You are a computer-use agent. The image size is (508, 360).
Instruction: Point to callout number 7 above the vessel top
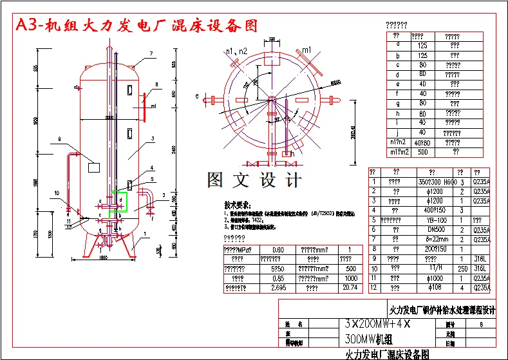[151, 53]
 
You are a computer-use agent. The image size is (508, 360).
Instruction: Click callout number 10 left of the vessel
[57, 193]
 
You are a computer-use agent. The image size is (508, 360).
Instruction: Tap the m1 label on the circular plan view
[307, 50]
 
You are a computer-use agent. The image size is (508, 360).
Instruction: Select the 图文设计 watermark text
[254, 179]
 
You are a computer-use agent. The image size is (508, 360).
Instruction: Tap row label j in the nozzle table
[398, 132]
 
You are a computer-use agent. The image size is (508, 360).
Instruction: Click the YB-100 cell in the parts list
[432, 220]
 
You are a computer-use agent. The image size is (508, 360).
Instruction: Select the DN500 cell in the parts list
[432, 229]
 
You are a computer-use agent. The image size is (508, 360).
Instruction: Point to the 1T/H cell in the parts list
[432, 267]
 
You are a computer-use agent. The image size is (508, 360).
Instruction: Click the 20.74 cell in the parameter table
[349, 287]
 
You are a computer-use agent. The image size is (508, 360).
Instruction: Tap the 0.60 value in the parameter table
[278, 250]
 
